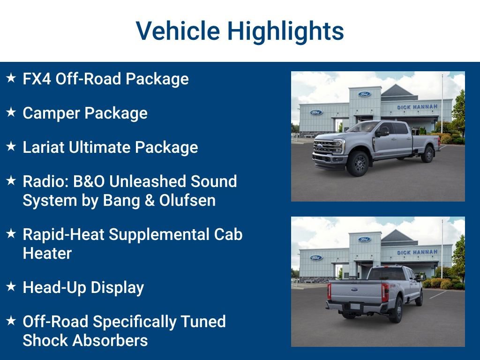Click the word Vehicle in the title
[x=178, y=31]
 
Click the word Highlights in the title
[x=285, y=31]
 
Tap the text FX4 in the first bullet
[x=37, y=79]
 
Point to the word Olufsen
[x=187, y=200]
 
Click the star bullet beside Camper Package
[x=11, y=112]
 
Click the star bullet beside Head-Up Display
[x=11, y=287]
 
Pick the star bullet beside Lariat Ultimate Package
[x=11, y=147]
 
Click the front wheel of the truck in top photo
[x=359, y=164]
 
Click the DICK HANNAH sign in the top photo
[x=417, y=107]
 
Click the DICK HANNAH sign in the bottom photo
[x=417, y=252]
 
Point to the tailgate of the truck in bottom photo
[x=355, y=292]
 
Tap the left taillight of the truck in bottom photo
[x=329, y=291]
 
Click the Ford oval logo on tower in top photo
[x=364, y=94]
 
